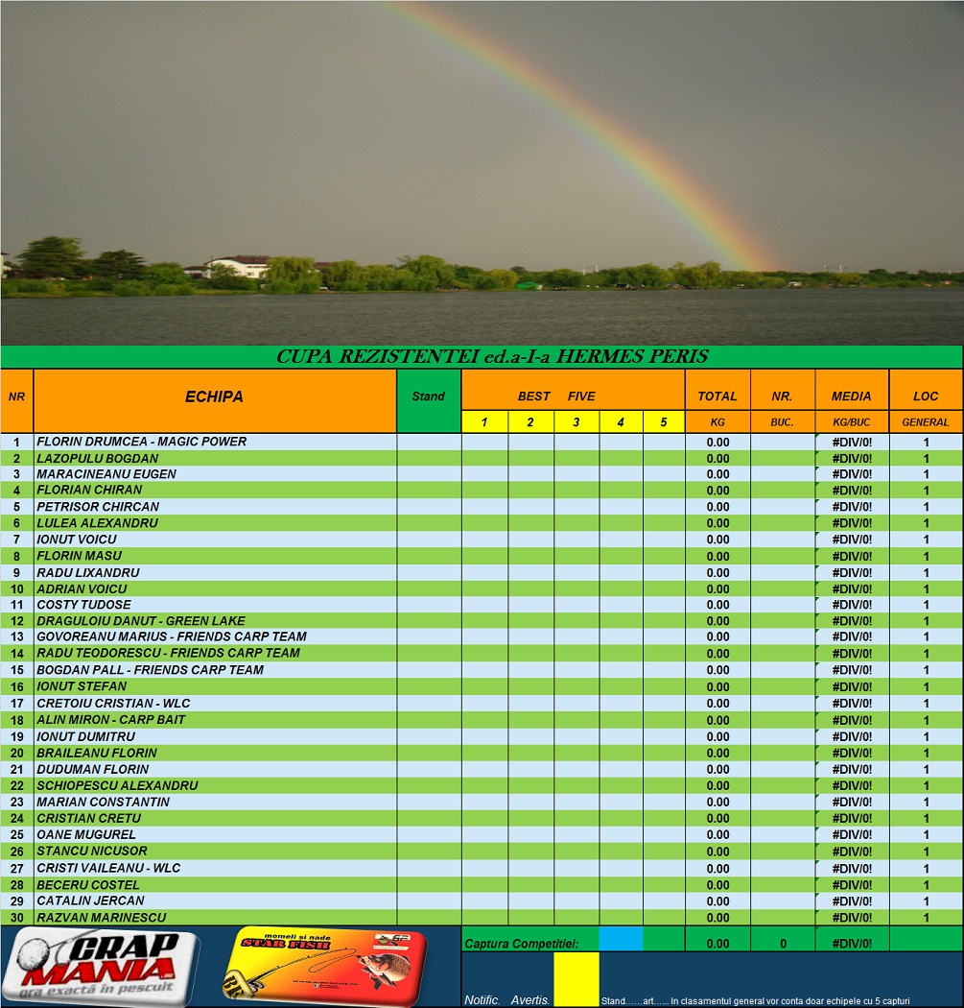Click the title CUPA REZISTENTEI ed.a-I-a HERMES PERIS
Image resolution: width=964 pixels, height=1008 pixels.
[x=492, y=357]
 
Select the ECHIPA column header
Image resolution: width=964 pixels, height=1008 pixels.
[x=214, y=396]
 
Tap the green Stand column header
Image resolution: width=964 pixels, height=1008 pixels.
[x=428, y=396]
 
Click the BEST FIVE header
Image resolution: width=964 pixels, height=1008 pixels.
[x=556, y=396]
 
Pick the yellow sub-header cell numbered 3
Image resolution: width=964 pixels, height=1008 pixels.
[x=576, y=421]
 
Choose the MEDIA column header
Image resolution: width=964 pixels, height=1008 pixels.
[x=851, y=396]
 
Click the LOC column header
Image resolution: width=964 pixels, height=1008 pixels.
[x=926, y=396]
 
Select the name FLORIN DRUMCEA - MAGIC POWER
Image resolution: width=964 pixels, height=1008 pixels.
[x=141, y=442]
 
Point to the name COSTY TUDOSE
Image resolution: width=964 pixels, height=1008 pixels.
[x=83, y=605]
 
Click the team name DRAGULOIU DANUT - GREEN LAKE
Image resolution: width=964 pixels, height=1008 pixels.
[x=140, y=621]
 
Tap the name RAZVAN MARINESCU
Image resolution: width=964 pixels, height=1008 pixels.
[x=101, y=918]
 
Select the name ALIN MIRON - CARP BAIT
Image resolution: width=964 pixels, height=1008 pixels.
[x=110, y=719]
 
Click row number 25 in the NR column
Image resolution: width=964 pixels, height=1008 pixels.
[x=16, y=835]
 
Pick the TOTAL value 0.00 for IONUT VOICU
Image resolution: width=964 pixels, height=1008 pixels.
[x=717, y=540]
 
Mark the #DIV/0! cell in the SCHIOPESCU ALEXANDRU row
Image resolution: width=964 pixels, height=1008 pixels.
[x=852, y=785]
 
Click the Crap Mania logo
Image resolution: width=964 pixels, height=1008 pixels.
[x=100, y=966]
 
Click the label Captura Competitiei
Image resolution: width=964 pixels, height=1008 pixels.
[x=521, y=944]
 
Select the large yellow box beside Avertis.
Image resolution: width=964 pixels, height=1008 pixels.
[x=576, y=978]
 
